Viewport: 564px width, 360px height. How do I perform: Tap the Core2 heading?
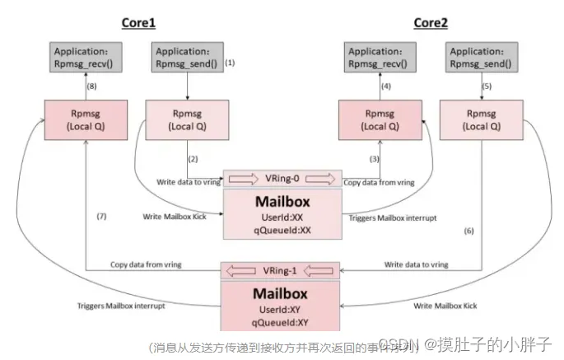coord(430,23)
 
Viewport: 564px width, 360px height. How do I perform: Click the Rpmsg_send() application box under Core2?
coord(479,56)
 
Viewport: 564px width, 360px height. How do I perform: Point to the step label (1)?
coord(231,63)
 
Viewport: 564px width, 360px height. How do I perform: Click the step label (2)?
coord(193,157)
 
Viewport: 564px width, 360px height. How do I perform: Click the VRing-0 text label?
coord(282,179)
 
